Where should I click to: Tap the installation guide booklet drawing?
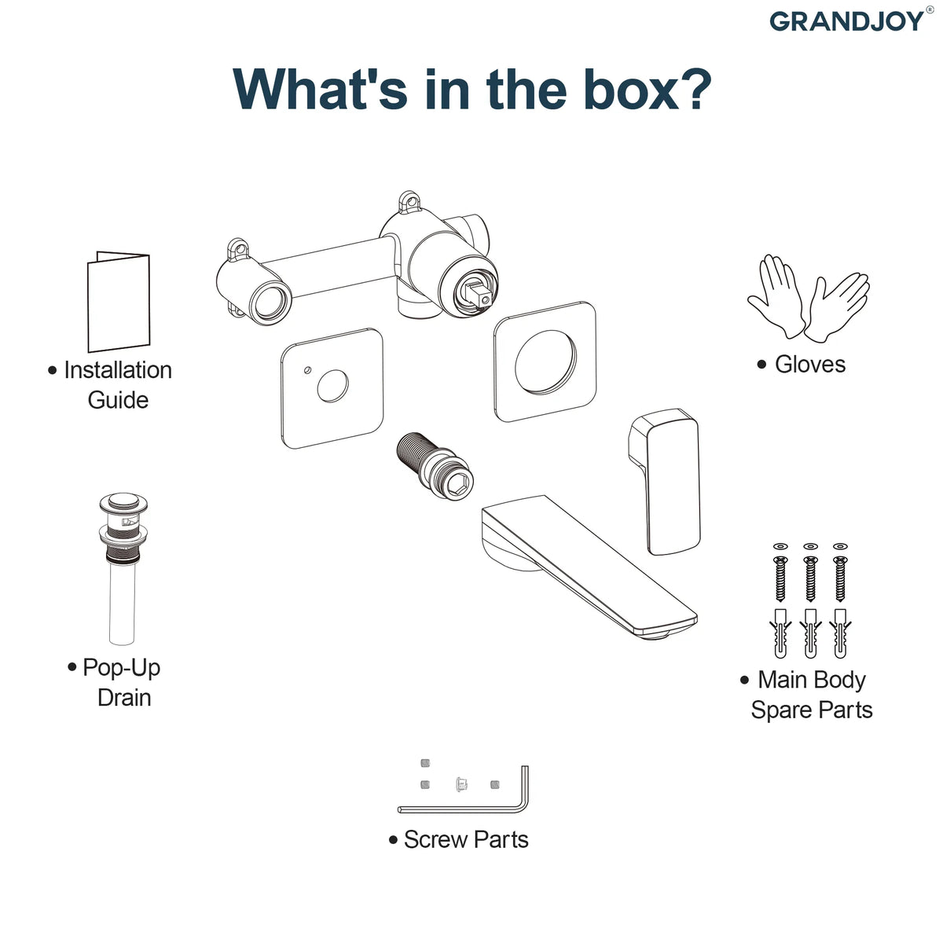tap(119, 302)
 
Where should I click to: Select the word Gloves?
tap(810, 365)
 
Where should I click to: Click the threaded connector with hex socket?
tap(435, 465)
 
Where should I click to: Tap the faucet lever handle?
tap(665, 482)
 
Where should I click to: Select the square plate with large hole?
tap(545, 361)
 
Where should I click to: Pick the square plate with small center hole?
tap(332, 388)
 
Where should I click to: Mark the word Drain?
tap(124, 697)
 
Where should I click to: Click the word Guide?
tap(118, 400)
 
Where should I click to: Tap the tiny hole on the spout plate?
tap(307, 370)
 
